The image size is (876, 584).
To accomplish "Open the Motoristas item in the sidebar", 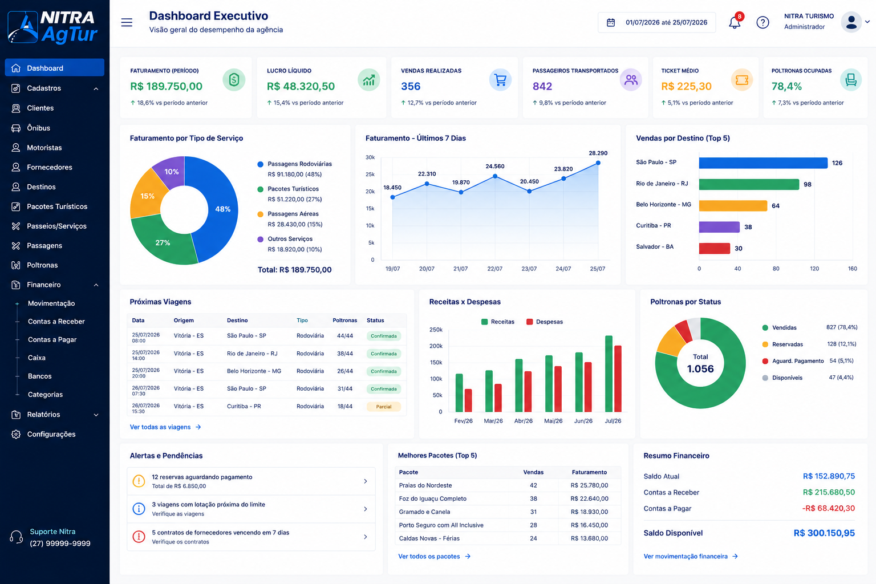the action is click(44, 148).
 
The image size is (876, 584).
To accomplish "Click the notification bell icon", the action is click(735, 22).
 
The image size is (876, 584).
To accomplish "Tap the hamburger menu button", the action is click(127, 22).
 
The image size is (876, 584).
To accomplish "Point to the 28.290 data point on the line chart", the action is click(598, 163).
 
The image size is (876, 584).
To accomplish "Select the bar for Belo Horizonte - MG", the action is click(733, 205).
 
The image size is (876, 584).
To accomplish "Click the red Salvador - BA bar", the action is click(715, 248).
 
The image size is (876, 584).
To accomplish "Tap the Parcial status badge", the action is click(384, 407).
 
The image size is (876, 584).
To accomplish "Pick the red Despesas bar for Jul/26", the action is click(618, 379).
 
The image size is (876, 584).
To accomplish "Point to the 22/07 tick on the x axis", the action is click(494, 269).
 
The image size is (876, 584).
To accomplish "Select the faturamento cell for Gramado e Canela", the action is click(589, 512).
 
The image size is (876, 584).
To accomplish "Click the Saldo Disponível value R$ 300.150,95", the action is click(824, 533).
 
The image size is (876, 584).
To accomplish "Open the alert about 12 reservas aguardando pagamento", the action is click(251, 481).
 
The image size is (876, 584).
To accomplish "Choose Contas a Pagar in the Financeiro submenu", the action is click(52, 339).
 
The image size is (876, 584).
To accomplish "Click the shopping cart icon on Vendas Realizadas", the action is click(500, 80).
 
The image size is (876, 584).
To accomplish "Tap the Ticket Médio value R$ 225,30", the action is click(686, 86).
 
